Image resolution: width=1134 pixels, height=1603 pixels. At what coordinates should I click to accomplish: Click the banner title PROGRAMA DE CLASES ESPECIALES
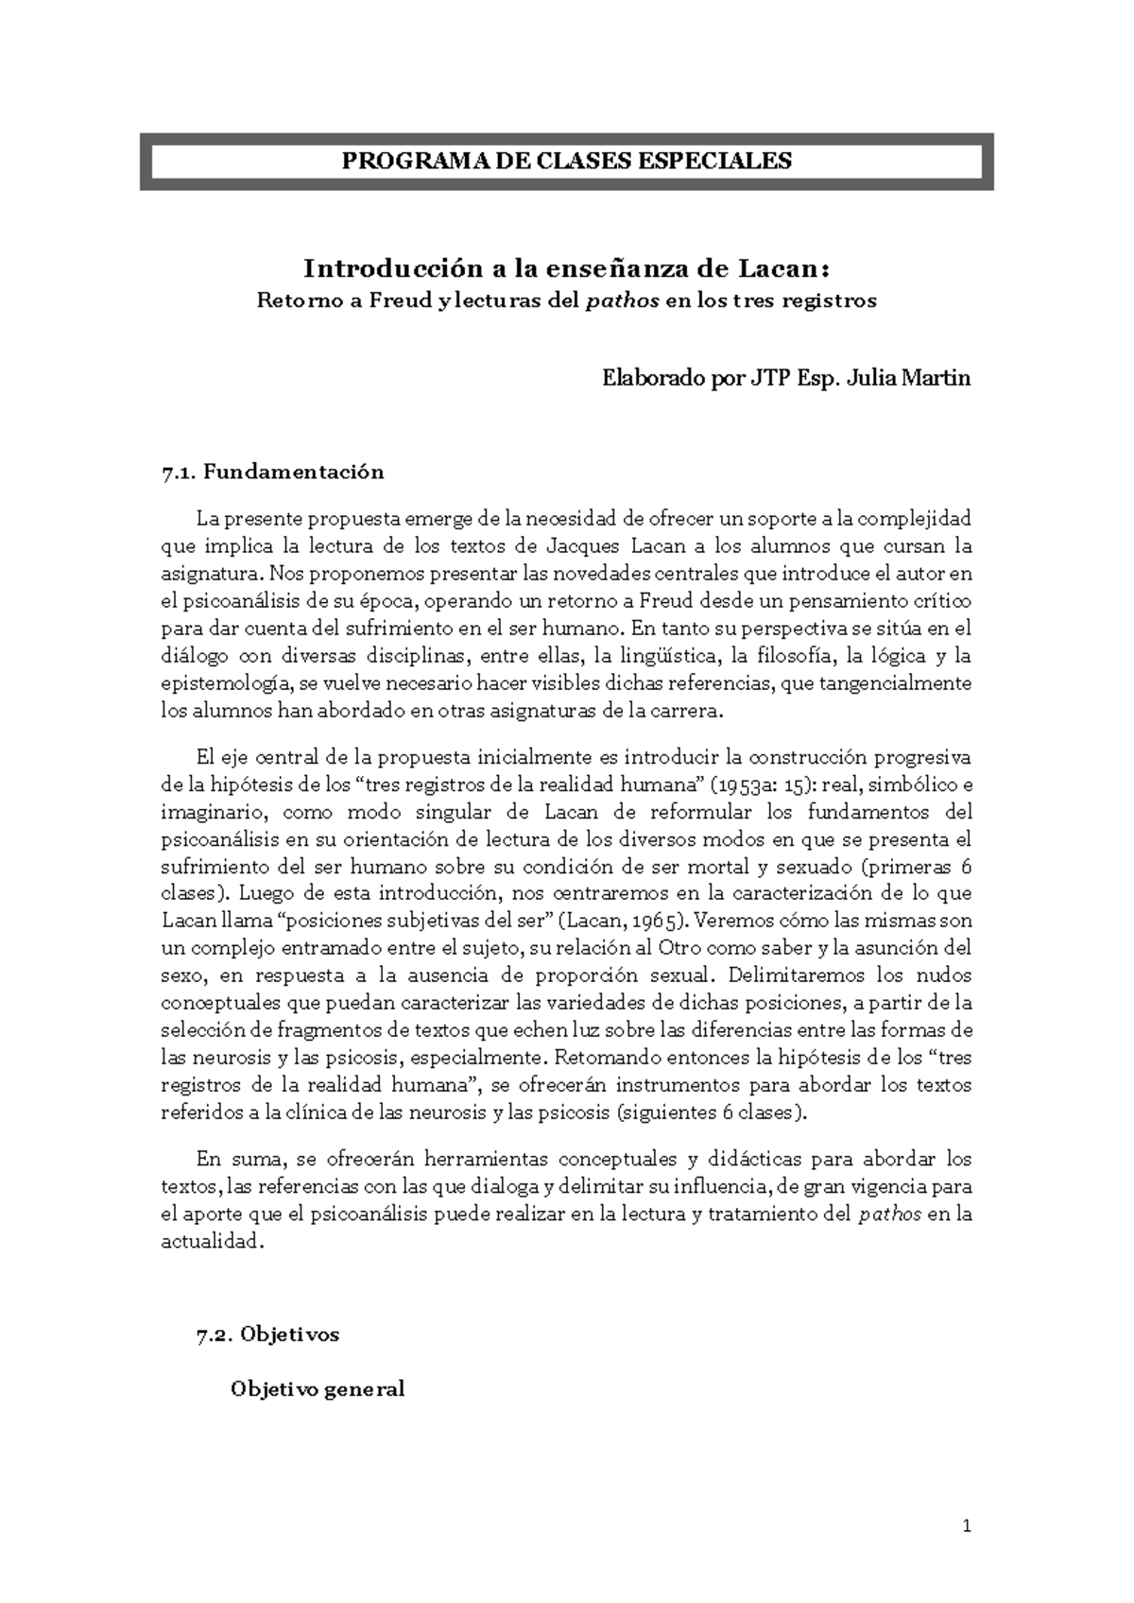pyautogui.click(x=566, y=161)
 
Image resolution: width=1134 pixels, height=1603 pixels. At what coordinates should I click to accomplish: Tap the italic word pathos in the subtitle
pyautogui.click(x=616, y=302)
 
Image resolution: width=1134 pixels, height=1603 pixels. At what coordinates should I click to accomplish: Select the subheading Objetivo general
pyautogui.click(x=318, y=1388)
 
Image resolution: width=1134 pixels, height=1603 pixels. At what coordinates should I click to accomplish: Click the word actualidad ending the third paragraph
pyautogui.click(x=209, y=1242)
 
